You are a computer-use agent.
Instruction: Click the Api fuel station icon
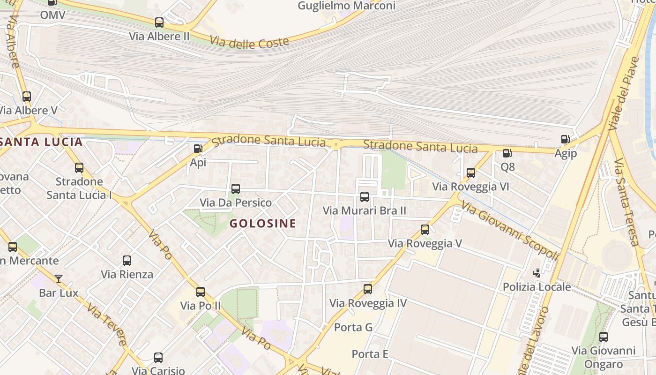[198, 149]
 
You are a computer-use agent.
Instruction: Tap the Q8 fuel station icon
[507, 153]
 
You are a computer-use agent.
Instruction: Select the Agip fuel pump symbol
[565, 139]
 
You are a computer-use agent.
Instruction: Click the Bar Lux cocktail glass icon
[58, 279]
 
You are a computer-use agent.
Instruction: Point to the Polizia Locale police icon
[537, 273]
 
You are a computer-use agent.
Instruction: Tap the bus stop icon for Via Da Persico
[236, 189]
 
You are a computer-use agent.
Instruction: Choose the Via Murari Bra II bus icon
[365, 197]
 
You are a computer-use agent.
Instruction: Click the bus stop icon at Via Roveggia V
[425, 230]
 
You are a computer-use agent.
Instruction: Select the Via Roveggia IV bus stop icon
[368, 289]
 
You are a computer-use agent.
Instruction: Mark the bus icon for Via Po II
[201, 292]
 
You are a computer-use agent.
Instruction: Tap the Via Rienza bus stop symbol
[127, 261]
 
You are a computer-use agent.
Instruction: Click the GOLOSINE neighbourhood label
[263, 224]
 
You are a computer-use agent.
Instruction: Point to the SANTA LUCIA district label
[41, 142]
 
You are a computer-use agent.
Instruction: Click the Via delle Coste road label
[249, 42]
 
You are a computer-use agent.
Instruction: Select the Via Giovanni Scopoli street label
[510, 230]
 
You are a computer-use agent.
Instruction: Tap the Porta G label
[353, 327]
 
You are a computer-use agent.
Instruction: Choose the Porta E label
[370, 354]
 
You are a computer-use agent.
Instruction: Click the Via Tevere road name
[107, 325]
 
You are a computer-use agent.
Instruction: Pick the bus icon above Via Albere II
[159, 22]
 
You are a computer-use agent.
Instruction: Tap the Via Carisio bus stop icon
[158, 358]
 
